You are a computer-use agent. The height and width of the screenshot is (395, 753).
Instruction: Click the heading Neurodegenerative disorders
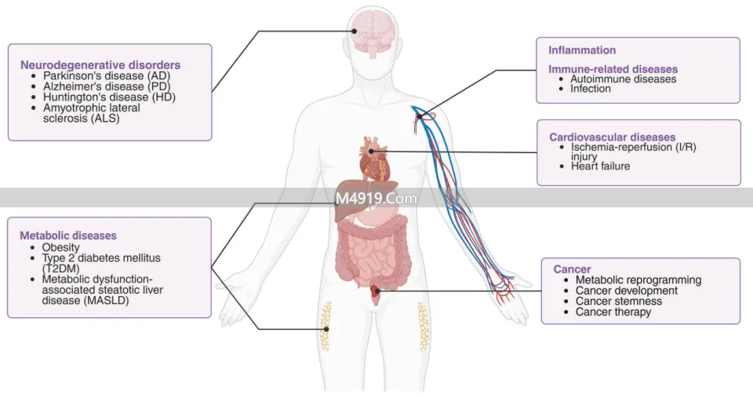tap(100, 65)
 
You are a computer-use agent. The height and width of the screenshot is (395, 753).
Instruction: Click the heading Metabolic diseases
tap(68, 236)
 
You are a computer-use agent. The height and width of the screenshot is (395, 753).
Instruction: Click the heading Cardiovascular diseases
tap(612, 137)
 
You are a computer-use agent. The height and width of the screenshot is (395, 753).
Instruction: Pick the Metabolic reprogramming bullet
tap(638, 280)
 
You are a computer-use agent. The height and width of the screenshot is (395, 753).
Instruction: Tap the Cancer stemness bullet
tap(618, 302)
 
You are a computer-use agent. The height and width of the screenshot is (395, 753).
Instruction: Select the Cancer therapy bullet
tap(613, 312)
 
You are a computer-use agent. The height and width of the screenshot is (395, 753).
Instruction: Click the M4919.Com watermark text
tap(376, 199)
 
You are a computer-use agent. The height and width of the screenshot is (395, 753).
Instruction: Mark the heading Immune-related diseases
tap(613, 69)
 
